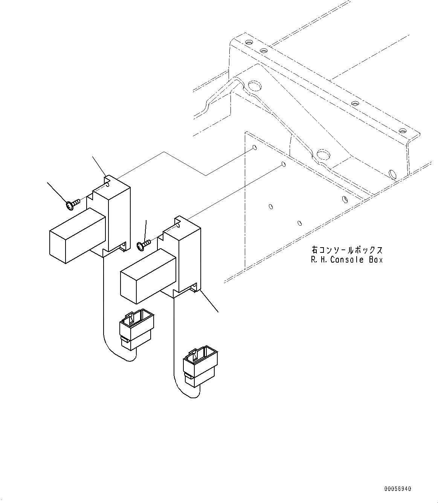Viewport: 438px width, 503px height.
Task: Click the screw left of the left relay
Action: [x=72, y=204]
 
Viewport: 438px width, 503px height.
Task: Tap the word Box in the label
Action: [x=375, y=260]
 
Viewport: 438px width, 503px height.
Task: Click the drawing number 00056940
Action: [x=398, y=489]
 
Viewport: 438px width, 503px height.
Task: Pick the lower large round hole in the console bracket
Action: [x=324, y=154]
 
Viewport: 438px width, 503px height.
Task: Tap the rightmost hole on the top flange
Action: [x=403, y=131]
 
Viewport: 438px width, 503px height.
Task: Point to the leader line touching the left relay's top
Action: [x=99, y=166]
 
